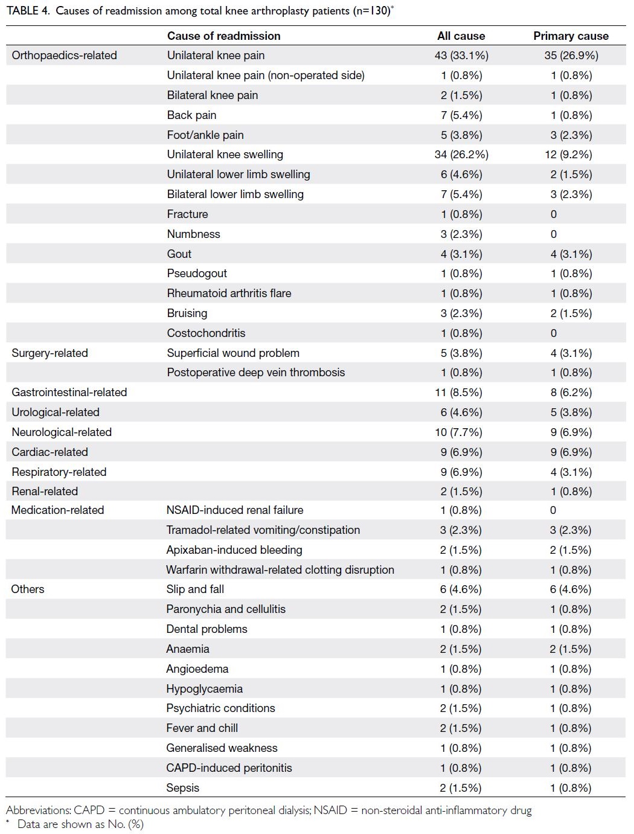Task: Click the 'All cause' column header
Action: (x=461, y=36)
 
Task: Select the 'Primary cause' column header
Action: (x=571, y=36)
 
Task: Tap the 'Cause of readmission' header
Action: (x=224, y=36)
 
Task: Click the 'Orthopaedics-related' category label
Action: (x=64, y=56)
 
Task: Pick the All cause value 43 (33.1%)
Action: (x=461, y=56)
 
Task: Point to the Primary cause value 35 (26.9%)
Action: (x=571, y=56)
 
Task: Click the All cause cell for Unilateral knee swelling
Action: (x=461, y=155)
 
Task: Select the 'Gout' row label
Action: (x=179, y=254)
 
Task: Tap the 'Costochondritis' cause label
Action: (x=206, y=333)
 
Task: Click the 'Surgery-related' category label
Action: (x=50, y=353)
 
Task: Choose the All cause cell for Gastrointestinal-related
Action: (x=458, y=393)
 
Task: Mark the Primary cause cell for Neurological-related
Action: (x=571, y=432)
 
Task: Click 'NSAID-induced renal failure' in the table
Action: (x=235, y=510)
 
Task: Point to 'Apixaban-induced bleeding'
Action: (x=234, y=550)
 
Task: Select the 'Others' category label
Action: (x=28, y=589)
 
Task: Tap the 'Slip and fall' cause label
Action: (x=195, y=589)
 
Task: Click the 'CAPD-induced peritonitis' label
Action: (x=229, y=768)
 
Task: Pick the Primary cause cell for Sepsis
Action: (x=571, y=787)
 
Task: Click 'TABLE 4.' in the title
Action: (x=28, y=11)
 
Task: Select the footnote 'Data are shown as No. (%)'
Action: (x=80, y=824)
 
